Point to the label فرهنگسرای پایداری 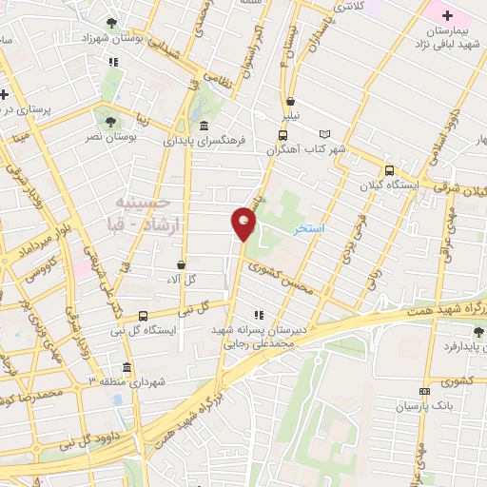(x=205, y=141)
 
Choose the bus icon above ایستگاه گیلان (x=388, y=171)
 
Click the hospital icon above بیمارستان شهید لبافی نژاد (x=446, y=15)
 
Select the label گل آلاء (x=180, y=279)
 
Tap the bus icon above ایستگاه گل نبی (x=143, y=316)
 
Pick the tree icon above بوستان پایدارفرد (x=477, y=332)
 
